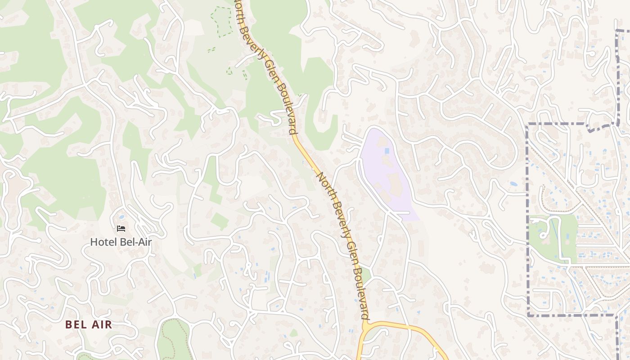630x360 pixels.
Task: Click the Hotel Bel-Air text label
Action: [x=121, y=242]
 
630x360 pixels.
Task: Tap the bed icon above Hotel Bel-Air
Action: [x=121, y=229]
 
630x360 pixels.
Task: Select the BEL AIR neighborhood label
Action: [x=88, y=324]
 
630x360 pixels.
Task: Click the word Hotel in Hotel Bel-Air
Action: [x=100, y=242]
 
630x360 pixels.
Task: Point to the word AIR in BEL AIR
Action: [x=101, y=324]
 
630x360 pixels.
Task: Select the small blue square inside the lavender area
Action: [x=387, y=151]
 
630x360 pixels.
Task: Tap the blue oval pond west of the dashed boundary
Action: [x=513, y=184]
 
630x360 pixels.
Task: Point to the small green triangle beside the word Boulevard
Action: [x=366, y=274]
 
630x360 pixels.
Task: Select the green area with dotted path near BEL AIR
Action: [x=173, y=340]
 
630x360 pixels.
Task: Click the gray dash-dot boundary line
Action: [x=527, y=216]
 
